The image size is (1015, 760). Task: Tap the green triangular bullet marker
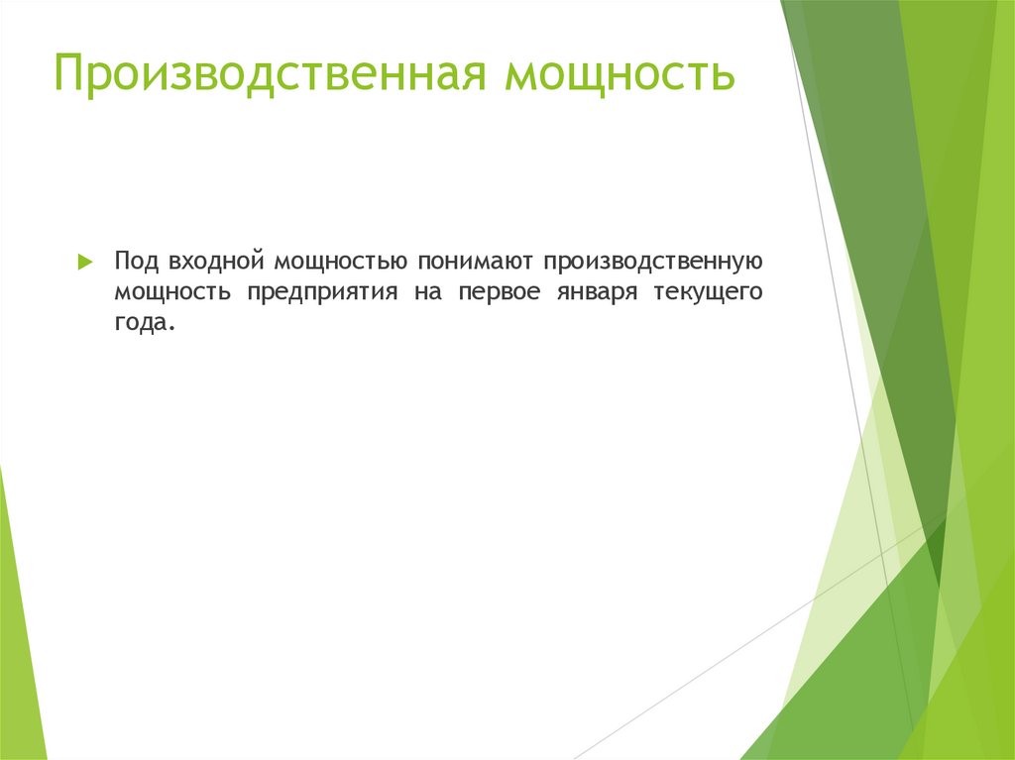coord(85,263)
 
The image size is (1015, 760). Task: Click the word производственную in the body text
coord(651,262)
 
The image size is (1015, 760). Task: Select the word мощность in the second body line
coord(172,293)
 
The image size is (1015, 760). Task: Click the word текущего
coord(709,293)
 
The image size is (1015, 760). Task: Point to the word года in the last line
coord(140,324)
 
